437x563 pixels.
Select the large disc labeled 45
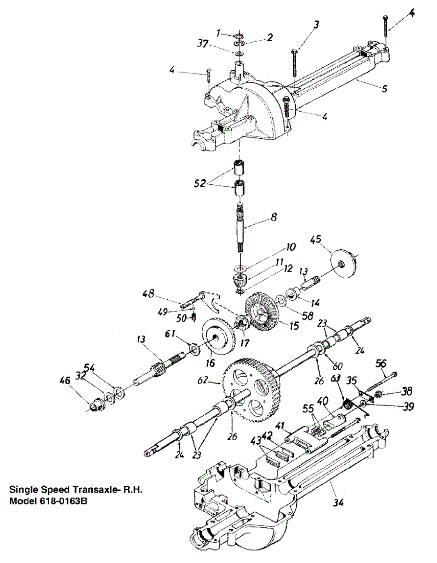click(x=344, y=264)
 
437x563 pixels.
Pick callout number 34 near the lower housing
click(x=338, y=503)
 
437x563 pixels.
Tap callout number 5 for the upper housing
click(x=384, y=88)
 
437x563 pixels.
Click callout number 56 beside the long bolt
click(x=382, y=363)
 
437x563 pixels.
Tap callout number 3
click(x=317, y=24)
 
